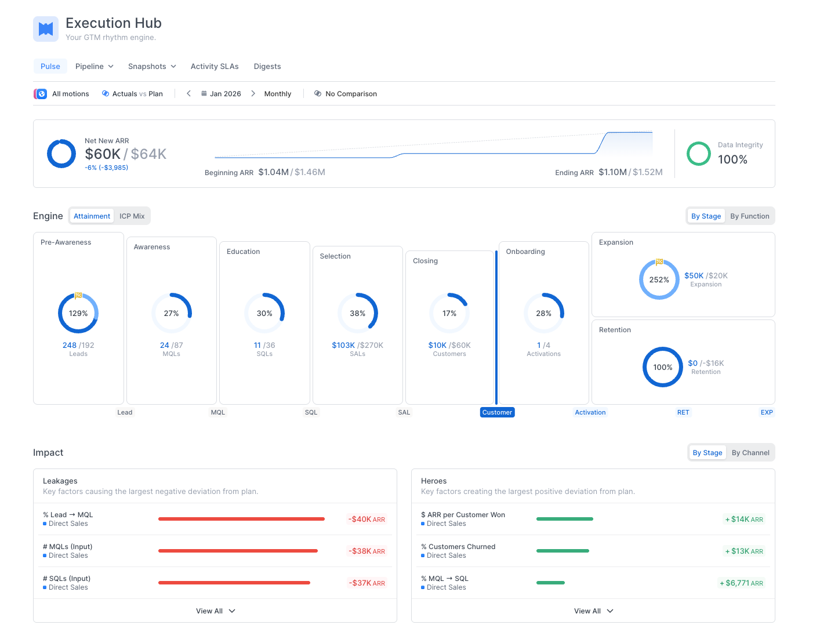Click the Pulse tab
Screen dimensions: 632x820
50,67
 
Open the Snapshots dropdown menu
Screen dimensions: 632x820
152,67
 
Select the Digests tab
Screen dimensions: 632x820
267,67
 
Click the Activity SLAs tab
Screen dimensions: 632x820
215,67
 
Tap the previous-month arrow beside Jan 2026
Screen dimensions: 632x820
188,93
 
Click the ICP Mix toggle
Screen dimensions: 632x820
132,216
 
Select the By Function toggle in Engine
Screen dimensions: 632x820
749,216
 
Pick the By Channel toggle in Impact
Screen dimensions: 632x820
750,453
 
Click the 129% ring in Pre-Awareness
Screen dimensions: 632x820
78,313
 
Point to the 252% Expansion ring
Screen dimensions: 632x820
659,279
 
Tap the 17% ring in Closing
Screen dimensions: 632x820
449,313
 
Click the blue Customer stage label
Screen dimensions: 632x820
497,412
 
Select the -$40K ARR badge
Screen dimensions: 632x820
367,520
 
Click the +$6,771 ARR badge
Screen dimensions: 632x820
742,583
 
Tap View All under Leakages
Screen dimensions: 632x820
215,611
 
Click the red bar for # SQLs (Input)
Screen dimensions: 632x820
234,583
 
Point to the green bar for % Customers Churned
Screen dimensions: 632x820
563,551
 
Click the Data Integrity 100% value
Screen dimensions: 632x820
732,159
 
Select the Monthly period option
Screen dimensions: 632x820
278,94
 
